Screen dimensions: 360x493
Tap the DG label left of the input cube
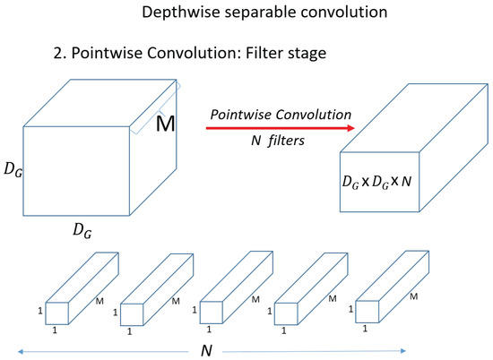pos(13,168)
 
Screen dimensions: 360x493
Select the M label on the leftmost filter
pos(99,303)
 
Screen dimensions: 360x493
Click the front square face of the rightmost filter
pos(369,310)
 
